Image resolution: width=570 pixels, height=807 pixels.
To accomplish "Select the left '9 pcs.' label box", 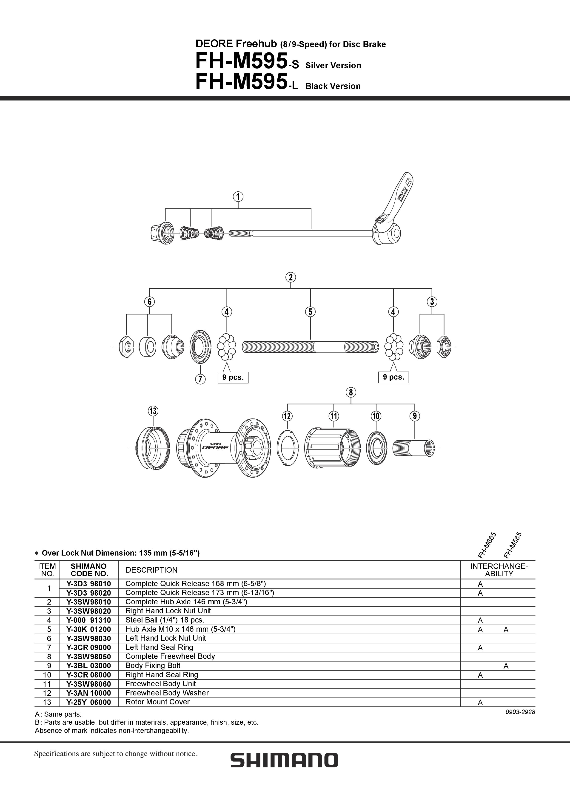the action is click(x=233, y=377).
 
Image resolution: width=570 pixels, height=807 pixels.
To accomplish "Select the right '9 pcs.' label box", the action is click(x=393, y=377).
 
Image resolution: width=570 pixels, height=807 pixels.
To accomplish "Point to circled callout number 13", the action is click(x=153, y=411).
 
